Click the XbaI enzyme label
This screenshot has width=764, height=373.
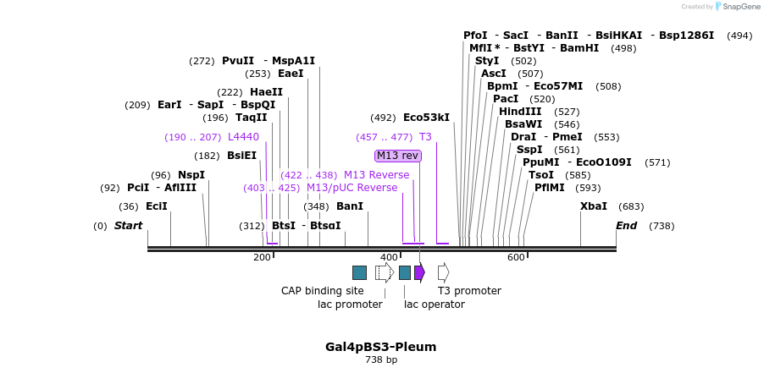[x=593, y=206]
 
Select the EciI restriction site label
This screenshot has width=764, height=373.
[x=156, y=206]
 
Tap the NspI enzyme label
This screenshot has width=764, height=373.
[x=191, y=175]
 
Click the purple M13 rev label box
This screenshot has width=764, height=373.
[x=397, y=156]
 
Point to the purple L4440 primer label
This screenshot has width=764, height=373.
[x=243, y=137]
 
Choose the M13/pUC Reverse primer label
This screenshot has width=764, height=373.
[x=352, y=188]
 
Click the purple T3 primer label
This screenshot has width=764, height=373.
[x=425, y=137]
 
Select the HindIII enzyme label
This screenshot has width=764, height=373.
[x=520, y=112]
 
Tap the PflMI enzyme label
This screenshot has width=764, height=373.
[x=549, y=188]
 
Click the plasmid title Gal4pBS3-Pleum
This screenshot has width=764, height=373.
[x=381, y=347]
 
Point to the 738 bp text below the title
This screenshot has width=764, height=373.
[x=381, y=360]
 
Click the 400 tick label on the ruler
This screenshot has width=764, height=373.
[x=389, y=257]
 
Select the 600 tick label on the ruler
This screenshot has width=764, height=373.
[x=516, y=257]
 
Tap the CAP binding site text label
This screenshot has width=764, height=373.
[x=323, y=291]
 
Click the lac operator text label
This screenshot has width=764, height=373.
[x=435, y=304]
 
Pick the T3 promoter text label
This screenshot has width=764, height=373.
[x=469, y=291]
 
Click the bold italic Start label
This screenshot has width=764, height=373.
[x=128, y=226]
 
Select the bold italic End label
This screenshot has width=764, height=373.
[x=626, y=226]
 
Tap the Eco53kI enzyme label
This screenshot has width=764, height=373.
[x=426, y=118]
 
